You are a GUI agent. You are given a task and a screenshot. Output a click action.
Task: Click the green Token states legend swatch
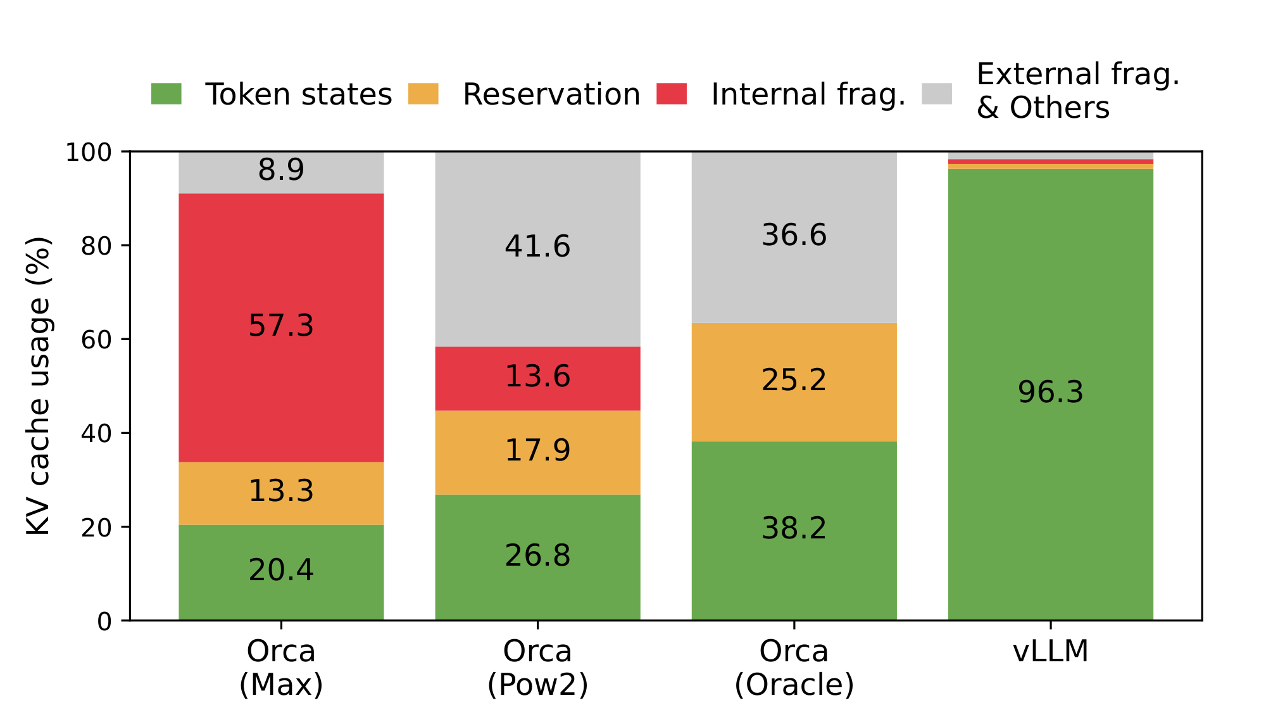pos(166,94)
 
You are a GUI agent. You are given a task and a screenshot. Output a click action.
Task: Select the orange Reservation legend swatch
pos(423,94)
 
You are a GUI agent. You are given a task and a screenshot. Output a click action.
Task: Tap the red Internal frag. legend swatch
pos(672,94)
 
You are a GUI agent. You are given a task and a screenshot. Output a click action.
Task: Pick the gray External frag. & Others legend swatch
pos(937,94)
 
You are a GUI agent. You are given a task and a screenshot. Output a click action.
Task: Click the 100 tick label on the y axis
pos(89,152)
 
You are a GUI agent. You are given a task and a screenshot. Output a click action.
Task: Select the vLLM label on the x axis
pos(1051,651)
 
